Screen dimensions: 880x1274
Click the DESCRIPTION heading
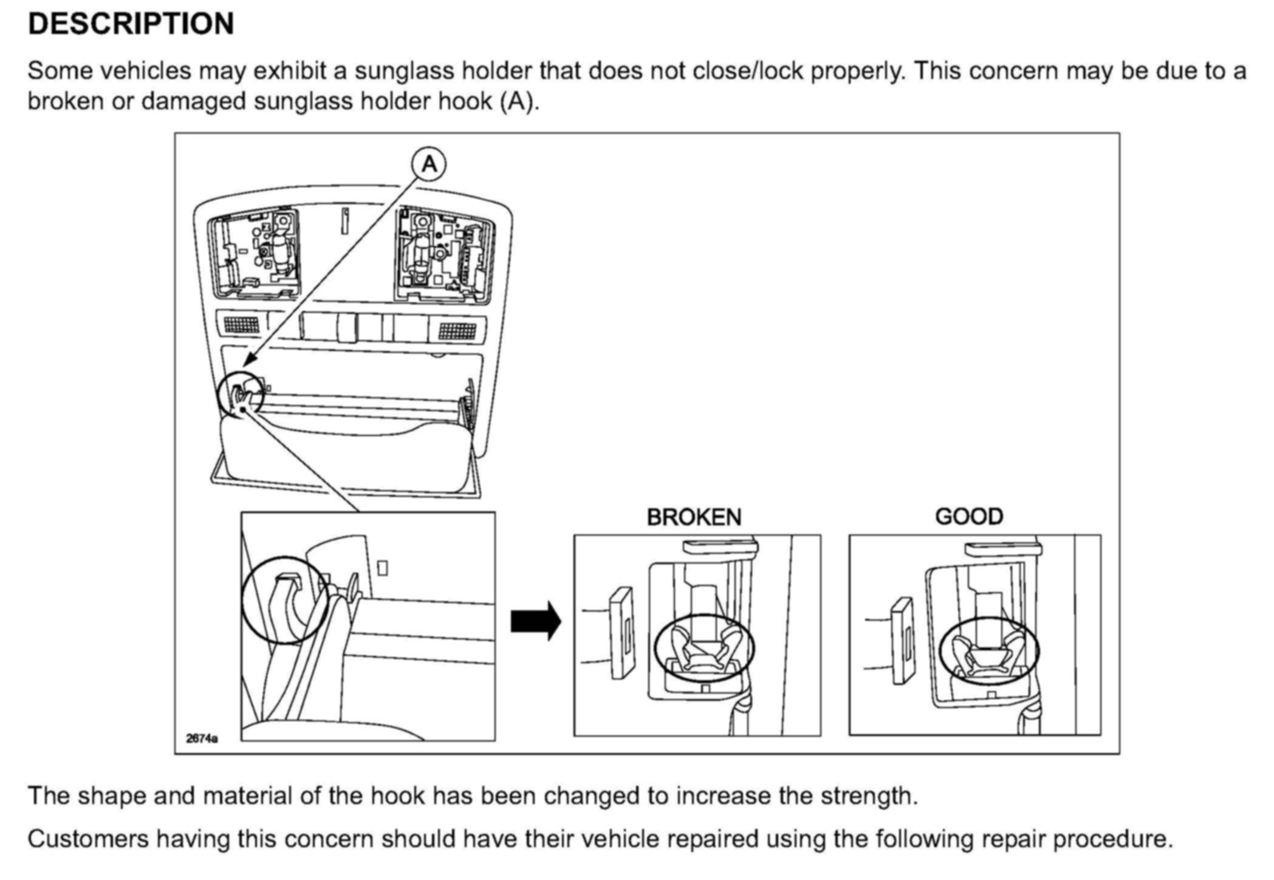(131, 24)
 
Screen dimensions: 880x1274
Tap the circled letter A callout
(429, 164)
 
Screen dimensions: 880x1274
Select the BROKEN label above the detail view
(694, 517)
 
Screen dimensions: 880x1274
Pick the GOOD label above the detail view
(969, 517)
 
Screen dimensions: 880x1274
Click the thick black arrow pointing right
(535, 621)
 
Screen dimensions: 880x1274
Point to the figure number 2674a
(202, 738)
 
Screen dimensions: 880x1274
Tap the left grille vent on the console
(241, 324)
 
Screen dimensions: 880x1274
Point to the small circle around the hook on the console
(241, 395)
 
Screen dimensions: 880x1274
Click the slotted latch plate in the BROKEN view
(621, 632)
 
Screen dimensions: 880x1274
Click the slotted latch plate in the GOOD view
(902, 640)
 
